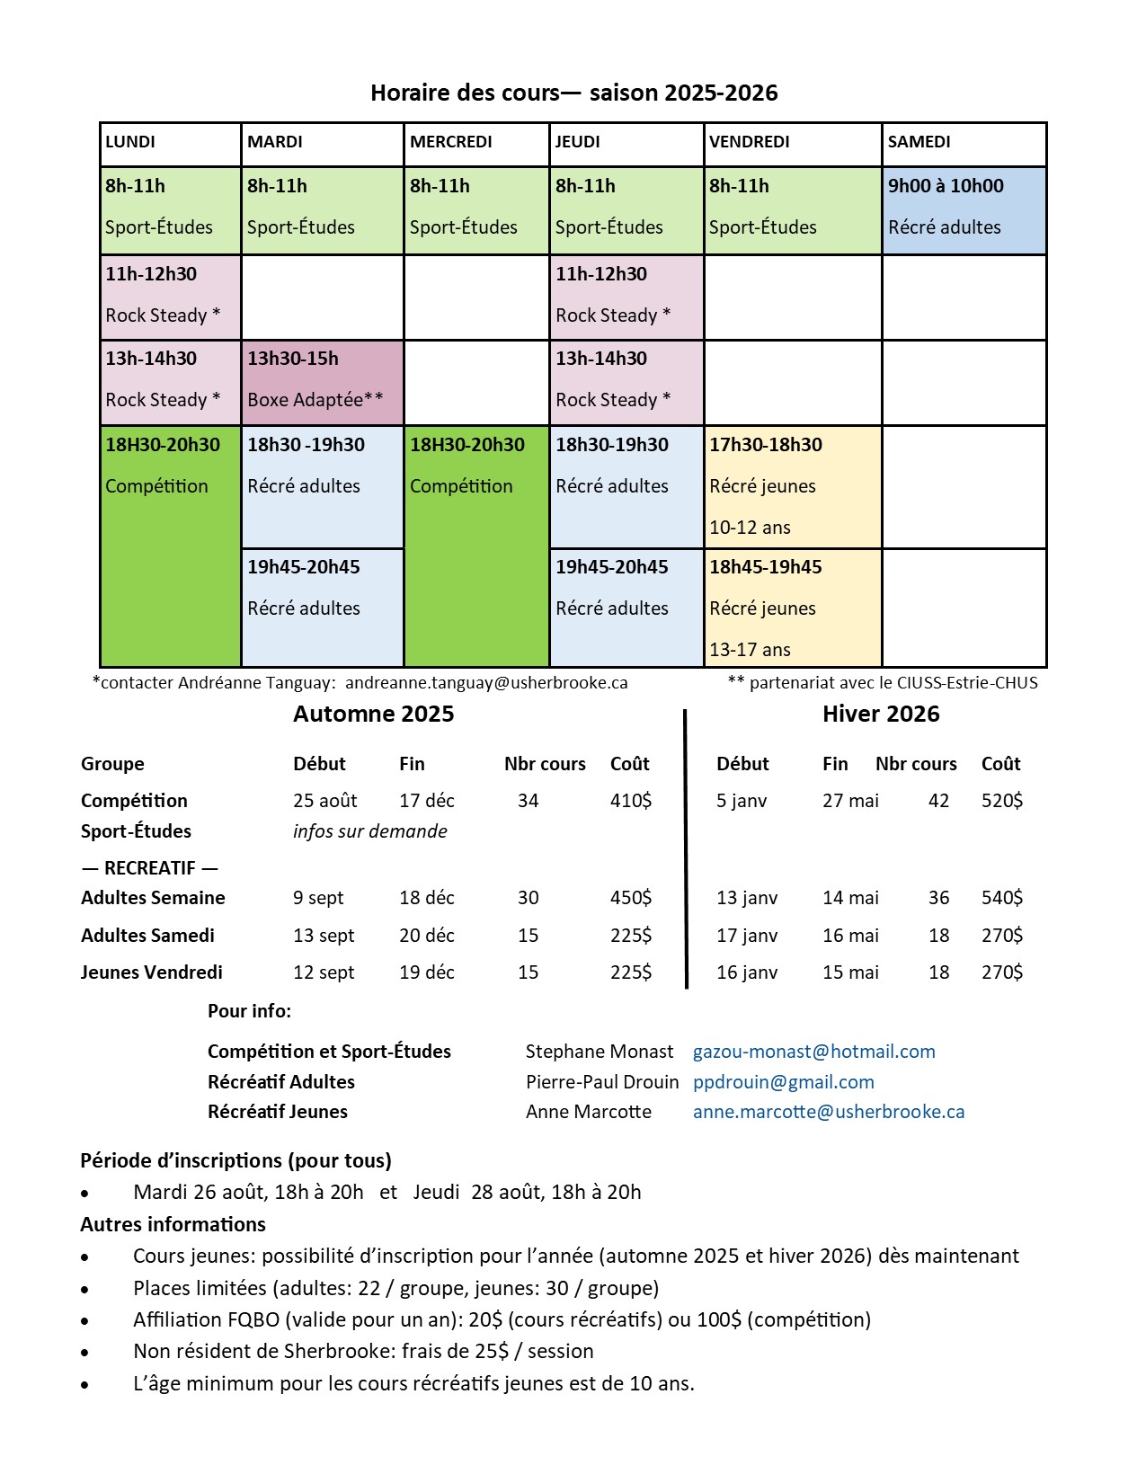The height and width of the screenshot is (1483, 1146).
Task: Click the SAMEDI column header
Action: click(964, 144)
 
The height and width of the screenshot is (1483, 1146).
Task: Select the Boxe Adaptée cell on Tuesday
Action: click(323, 382)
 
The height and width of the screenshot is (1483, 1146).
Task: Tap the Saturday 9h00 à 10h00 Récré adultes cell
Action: click(964, 210)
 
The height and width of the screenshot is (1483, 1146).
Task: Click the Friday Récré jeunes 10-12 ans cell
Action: click(792, 486)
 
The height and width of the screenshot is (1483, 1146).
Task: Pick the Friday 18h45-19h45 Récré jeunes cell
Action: click(792, 608)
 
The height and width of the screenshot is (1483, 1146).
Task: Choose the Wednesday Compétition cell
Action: click(476, 546)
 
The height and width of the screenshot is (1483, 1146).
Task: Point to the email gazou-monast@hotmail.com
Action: click(813, 1052)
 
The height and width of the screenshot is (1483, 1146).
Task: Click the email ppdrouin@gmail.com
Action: click(783, 1082)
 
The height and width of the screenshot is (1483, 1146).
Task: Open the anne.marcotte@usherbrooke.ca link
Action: click(828, 1112)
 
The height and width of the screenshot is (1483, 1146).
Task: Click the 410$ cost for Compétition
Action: click(631, 801)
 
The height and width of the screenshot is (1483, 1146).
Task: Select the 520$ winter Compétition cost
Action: click(1001, 801)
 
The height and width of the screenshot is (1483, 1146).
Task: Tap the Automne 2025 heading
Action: click(373, 715)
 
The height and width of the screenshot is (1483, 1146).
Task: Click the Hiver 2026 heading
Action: click(880, 715)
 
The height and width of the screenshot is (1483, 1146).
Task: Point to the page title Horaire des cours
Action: click(573, 93)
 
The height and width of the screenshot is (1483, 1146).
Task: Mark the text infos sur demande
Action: click(369, 831)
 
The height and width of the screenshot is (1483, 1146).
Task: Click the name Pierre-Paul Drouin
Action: click(601, 1082)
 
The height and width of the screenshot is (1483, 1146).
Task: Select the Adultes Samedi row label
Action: click(147, 936)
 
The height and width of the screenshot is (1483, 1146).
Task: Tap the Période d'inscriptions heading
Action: click(235, 1160)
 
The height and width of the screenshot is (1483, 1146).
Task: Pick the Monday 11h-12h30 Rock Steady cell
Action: click(171, 297)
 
